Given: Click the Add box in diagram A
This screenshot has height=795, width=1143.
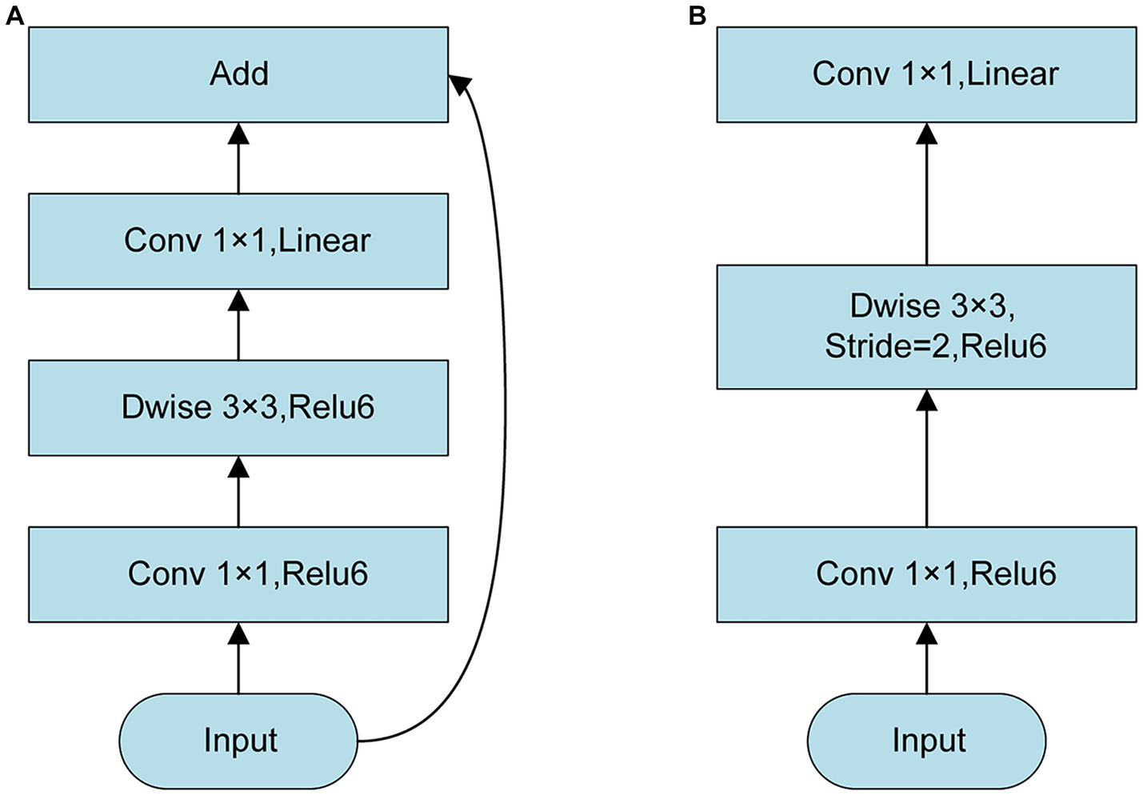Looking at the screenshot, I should tap(238, 74).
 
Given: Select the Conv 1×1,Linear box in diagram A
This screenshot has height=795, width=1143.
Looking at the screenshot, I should tap(238, 241).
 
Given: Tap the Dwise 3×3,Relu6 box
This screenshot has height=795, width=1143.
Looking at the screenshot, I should tap(238, 408).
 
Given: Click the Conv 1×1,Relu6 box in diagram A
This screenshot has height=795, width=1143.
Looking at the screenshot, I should tap(238, 574).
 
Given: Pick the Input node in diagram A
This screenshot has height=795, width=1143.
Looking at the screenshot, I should tap(238, 741).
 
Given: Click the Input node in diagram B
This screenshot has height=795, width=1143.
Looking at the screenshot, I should tap(926, 741).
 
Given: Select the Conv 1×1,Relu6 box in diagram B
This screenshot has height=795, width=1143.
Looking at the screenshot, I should tap(926, 574).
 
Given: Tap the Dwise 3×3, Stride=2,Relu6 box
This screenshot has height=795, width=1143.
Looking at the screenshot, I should tap(926, 326).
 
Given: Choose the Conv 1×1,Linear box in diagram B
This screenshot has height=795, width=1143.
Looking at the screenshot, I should tap(926, 74).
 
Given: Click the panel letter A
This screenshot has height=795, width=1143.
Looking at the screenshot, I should tap(14, 15).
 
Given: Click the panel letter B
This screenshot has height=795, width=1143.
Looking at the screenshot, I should tap(697, 15).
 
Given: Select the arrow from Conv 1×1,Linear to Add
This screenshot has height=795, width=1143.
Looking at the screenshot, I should tap(238, 158).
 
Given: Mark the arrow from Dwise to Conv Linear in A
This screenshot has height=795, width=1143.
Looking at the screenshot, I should tap(238, 324).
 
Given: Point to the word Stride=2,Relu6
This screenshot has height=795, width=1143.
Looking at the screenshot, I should tap(935, 347).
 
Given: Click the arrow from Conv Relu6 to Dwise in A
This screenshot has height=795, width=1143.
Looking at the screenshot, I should tap(238, 491).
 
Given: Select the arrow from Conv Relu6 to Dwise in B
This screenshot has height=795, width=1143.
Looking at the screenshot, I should tap(926, 457).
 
